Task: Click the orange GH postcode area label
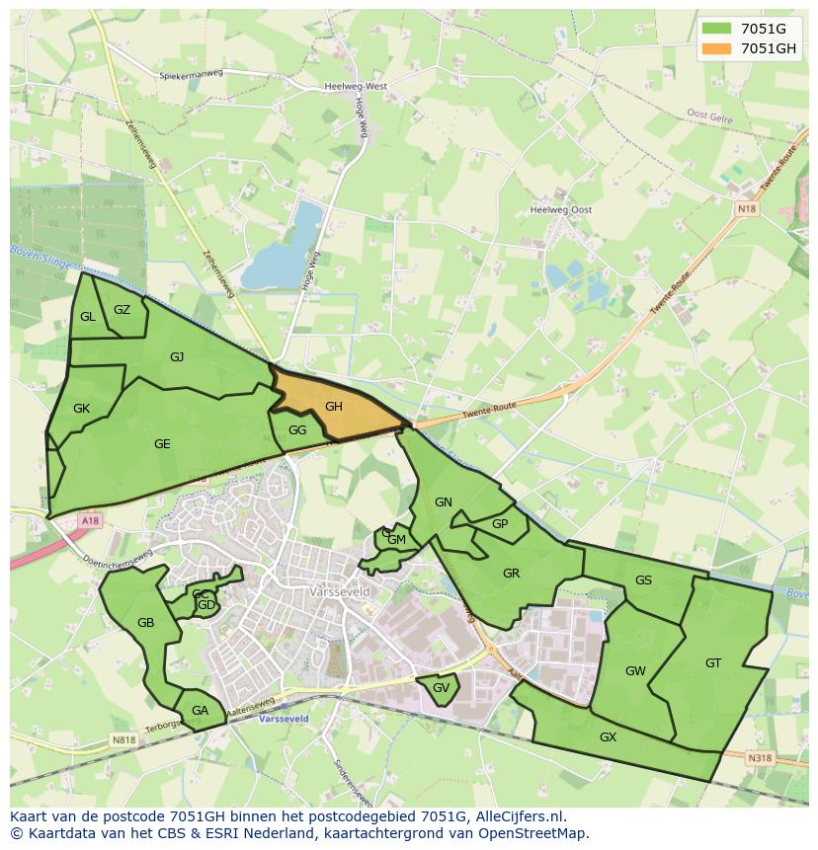point(334,407)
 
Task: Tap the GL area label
point(88,317)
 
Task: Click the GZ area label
point(122,310)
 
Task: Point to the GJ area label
point(177,357)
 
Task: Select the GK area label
point(81,409)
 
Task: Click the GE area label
point(162,444)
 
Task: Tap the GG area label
point(297,430)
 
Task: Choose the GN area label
point(444,502)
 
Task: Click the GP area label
point(500,524)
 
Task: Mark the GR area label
point(511,574)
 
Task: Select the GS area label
point(643,580)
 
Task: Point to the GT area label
point(713,663)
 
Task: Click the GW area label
point(635,671)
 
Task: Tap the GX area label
point(608,737)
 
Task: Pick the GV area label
point(441,688)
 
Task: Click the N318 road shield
point(759,758)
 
